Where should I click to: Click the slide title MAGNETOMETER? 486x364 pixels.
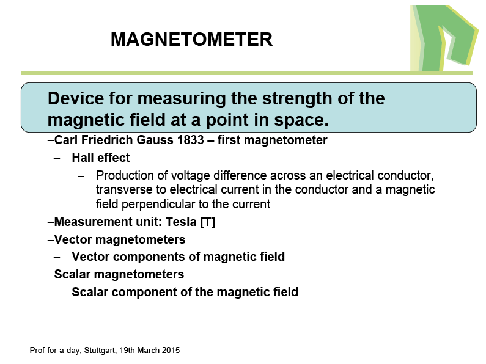click(x=191, y=39)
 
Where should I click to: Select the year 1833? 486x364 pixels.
click(x=190, y=140)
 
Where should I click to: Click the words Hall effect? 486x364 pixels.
click(x=101, y=158)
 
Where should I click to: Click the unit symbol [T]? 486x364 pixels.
click(x=207, y=222)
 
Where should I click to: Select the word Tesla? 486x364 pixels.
click(x=181, y=222)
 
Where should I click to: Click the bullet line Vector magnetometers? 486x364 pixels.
click(x=120, y=239)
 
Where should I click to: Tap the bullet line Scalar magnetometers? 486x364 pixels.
click(x=119, y=274)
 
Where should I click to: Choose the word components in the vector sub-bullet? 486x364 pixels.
click(x=149, y=257)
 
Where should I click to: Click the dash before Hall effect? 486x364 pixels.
click(x=57, y=158)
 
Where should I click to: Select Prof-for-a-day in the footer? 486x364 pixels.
click(x=56, y=351)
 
